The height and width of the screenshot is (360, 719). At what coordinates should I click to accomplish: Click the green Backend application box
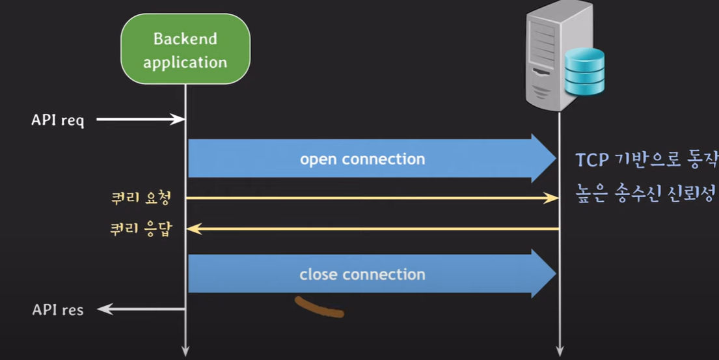pyautogui.click(x=185, y=49)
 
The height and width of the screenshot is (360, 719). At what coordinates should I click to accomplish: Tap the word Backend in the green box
pyautogui.click(x=185, y=38)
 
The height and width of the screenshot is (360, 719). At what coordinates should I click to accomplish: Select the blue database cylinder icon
pyautogui.click(x=584, y=71)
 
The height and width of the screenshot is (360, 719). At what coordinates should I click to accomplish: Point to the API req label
pyautogui.click(x=58, y=120)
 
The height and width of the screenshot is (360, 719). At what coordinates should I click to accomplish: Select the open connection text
pyautogui.click(x=362, y=159)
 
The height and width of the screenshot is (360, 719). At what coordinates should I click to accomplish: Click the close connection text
pyautogui.click(x=362, y=275)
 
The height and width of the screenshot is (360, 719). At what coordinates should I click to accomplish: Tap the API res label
pyautogui.click(x=58, y=310)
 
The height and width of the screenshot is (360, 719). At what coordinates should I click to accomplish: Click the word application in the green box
pyautogui.click(x=185, y=62)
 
